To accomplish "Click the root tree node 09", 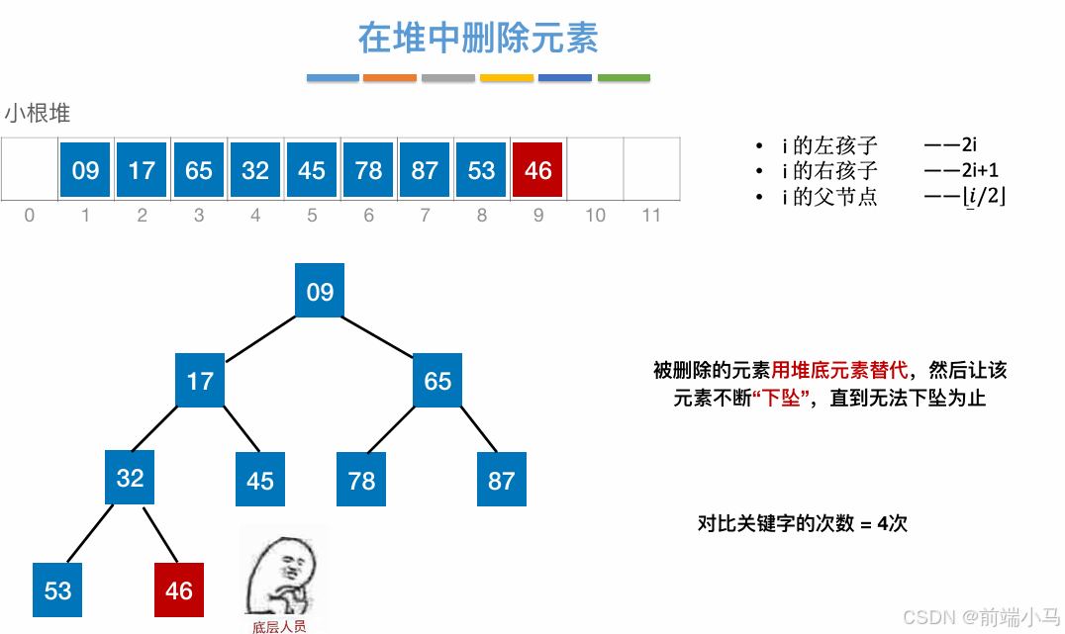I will pos(320,291).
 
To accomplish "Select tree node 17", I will pos(200,381).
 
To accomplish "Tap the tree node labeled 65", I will pos(437,381).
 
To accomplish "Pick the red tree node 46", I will pos(179,590).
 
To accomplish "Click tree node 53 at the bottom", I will pos(57,590).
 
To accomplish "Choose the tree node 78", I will pos(361,480).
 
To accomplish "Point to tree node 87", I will pos(501,480).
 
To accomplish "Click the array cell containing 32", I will pos(255,170).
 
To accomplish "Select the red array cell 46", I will pos(537,170).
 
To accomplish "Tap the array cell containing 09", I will pos(85,170).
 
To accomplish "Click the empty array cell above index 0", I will pos(29,170).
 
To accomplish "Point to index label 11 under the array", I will pos(650,215).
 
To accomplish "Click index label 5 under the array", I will pos(312,215).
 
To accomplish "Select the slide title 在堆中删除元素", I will pos(478,39).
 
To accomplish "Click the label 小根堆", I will pos(38,114).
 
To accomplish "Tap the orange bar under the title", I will pos(390,77).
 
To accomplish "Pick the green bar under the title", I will pos(624,77).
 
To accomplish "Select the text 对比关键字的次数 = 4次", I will pos(802,523).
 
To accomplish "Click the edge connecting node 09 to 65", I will pos(379,335).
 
